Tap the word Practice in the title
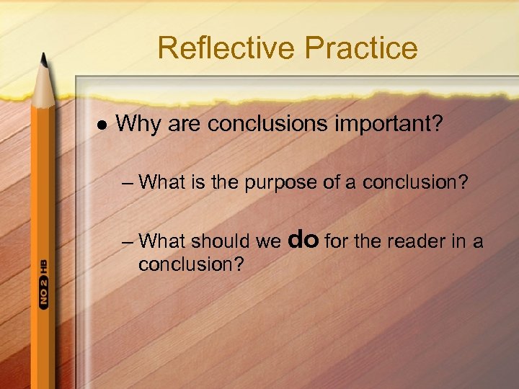pos(360,48)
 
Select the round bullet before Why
pos(101,124)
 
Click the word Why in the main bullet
pos(138,124)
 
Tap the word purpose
pos(282,182)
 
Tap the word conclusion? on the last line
pos(191,264)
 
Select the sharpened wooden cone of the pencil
pos(43,86)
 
